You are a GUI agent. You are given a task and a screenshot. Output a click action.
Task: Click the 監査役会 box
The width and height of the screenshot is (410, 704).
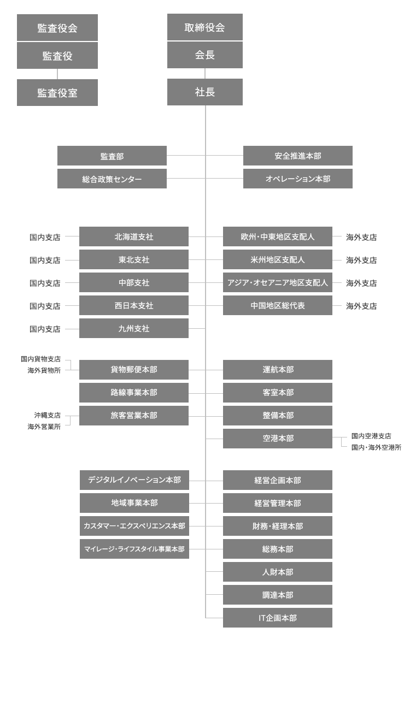click(57, 28)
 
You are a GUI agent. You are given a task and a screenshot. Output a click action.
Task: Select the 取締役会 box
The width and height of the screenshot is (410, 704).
click(205, 27)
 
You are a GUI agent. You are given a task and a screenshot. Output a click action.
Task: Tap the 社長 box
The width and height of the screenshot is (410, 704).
click(205, 92)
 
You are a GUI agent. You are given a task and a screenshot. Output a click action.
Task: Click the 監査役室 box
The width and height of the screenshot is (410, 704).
click(57, 92)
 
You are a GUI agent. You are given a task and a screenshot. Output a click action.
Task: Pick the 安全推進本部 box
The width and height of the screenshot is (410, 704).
click(298, 156)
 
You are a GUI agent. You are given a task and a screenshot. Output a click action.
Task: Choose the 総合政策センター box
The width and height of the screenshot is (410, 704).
click(112, 179)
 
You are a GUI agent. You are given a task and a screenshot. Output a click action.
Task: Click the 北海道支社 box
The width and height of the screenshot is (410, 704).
click(134, 236)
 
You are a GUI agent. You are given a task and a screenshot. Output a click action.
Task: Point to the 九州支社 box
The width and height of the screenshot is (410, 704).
click(134, 328)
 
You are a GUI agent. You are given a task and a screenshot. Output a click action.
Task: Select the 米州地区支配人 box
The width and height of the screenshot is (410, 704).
click(278, 259)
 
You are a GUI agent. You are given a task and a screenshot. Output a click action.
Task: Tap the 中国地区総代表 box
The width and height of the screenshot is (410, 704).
click(278, 305)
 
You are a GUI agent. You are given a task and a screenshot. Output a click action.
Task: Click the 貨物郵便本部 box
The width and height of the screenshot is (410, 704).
click(134, 370)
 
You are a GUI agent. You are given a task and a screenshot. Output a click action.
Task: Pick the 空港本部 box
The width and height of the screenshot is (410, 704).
click(278, 439)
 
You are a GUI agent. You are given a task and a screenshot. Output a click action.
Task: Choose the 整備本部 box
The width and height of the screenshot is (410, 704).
click(278, 416)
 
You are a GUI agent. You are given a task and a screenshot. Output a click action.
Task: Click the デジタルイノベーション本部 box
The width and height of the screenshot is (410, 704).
click(134, 480)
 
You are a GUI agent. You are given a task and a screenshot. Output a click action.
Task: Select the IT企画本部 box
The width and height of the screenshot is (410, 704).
click(278, 618)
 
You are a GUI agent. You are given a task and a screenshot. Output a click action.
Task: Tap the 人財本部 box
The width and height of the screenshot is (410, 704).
click(278, 572)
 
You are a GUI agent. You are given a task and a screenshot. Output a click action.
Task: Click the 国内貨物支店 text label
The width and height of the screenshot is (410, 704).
click(41, 359)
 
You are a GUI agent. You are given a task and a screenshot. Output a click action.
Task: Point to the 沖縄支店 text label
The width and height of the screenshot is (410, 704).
click(48, 415)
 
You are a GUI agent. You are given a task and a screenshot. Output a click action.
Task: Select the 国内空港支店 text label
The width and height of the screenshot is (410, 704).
click(371, 436)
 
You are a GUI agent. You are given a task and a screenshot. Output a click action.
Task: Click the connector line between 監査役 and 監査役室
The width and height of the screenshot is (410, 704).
click(57, 74)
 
